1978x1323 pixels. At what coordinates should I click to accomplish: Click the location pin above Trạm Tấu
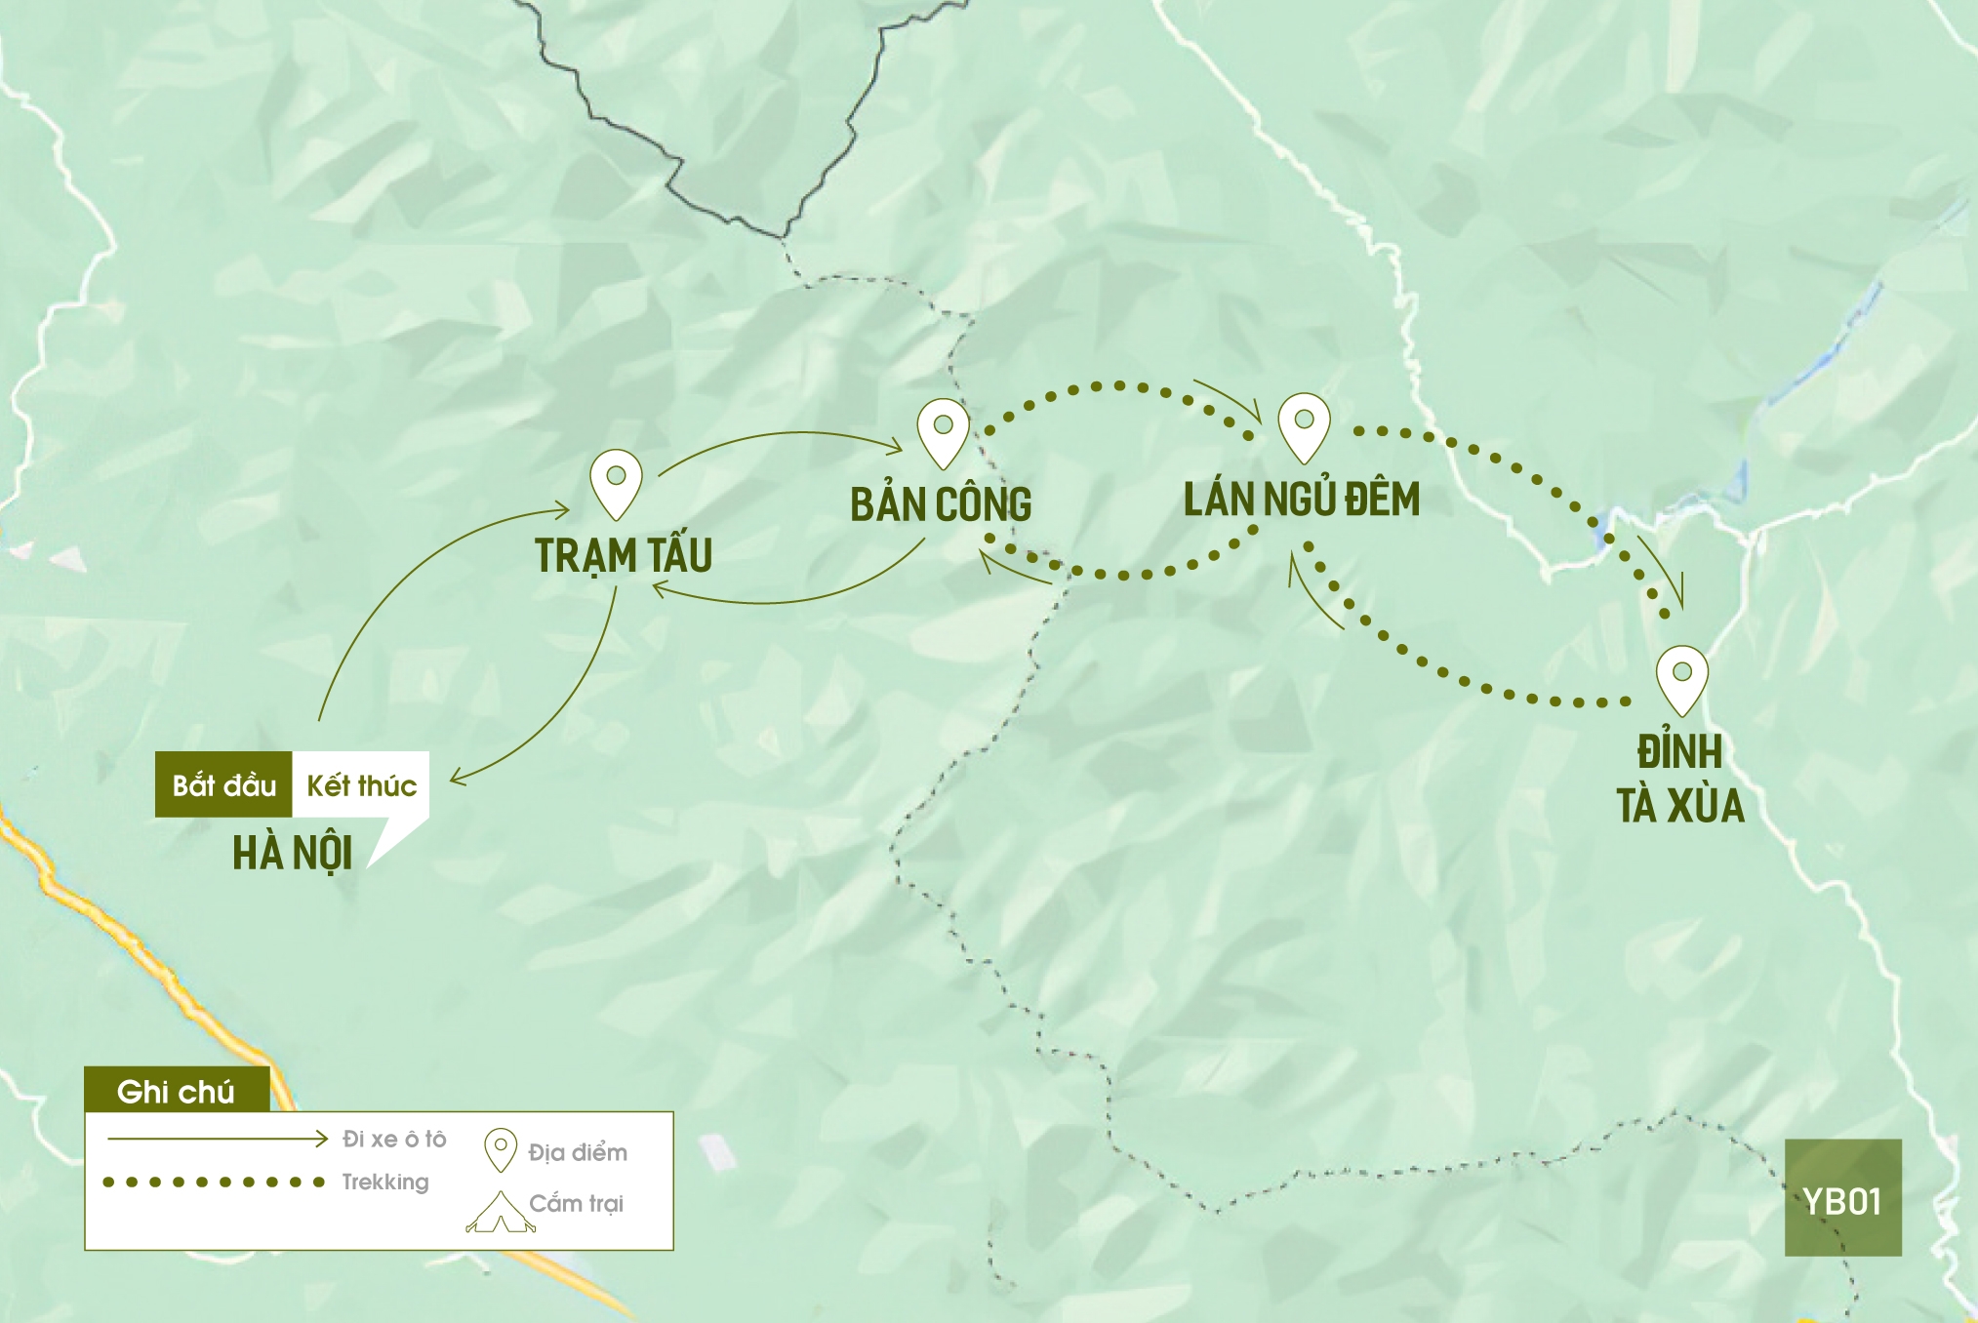click(616, 481)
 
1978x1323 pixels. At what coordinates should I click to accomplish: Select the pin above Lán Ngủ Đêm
click(1304, 425)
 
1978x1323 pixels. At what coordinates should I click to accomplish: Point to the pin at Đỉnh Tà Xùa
click(1681, 677)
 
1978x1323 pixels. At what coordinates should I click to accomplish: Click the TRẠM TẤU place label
click(624, 555)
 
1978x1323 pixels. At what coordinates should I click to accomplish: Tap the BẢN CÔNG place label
click(941, 504)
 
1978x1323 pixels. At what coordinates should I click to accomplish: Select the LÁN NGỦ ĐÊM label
click(1302, 500)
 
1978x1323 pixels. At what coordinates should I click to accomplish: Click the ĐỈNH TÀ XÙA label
click(1679, 779)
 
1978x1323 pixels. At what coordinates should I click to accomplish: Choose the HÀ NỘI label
click(292, 853)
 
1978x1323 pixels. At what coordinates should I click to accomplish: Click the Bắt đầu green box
click(223, 784)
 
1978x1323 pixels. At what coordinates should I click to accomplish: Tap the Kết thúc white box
click(361, 784)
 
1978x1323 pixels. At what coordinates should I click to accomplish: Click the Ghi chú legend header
click(177, 1091)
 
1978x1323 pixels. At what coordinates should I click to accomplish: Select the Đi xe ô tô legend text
click(394, 1139)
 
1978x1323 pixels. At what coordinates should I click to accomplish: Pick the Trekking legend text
click(384, 1182)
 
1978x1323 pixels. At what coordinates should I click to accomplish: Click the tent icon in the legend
click(501, 1213)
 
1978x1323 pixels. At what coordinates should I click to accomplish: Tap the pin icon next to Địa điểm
click(501, 1149)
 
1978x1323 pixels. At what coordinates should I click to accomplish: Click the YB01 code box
click(1842, 1198)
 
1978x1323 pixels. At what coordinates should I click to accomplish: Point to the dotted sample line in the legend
click(214, 1183)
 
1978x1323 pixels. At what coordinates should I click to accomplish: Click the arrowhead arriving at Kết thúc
click(456, 778)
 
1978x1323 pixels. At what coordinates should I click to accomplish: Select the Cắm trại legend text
click(576, 1203)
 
